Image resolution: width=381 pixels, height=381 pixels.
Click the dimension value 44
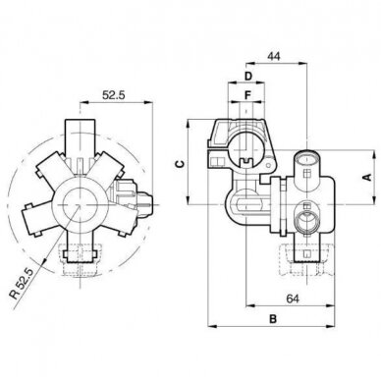tap(274, 56)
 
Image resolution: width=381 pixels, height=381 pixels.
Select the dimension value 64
tap(293, 299)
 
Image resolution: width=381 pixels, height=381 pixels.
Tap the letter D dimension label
tap(248, 77)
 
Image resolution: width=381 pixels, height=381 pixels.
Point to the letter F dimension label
tap(247, 95)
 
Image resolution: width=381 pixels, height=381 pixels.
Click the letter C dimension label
tap(180, 164)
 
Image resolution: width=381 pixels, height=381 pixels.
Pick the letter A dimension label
tap(368, 177)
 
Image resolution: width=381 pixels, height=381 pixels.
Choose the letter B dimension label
tap(273, 319)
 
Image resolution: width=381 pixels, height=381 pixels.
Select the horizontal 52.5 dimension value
tap(114, 95)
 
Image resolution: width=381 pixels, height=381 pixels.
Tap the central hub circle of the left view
tap(80, 204)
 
